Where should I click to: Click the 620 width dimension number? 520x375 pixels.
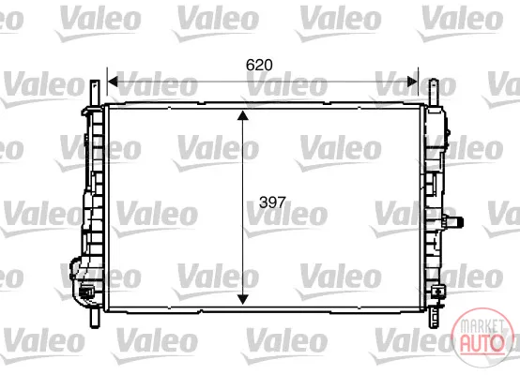pyautogui.click(x=259, y=65)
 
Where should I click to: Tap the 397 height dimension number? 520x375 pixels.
pyautogui.click(x=272, y=202)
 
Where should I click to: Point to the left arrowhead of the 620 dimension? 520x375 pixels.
pyautogui.click(x=113, y=82)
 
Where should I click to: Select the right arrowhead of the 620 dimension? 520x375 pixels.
pyautogui.click(x=413, y=82)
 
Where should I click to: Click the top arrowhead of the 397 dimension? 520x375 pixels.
pyautogui.click(x=243, y=115)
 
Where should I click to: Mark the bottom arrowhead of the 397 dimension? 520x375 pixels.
pyautogui.click(x=243, y=299)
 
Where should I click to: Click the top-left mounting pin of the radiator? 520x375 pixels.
pyautogui.click(x=95, y=94)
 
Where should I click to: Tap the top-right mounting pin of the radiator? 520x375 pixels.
pyautogui.click(x=434, y=93)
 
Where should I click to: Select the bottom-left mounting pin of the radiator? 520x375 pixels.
pyautogui.click(x=95, y=317)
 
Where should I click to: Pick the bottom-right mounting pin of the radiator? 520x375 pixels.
pyautogui.click(x=434, y=318)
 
